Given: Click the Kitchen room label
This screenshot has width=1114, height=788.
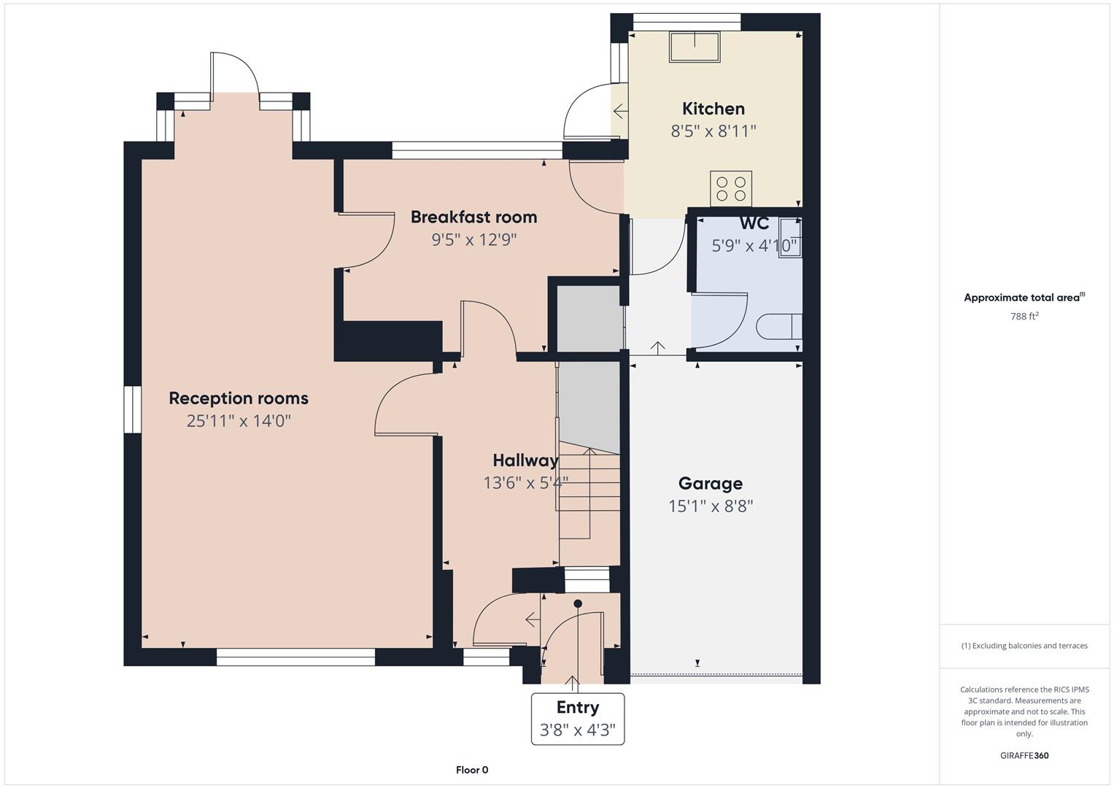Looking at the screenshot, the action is pos(713,109).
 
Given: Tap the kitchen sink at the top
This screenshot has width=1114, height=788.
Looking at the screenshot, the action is pos(695,47).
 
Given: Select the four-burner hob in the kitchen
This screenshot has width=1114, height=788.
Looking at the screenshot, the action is pos(730,188).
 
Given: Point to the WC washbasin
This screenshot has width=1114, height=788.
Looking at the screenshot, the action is pos(790,237).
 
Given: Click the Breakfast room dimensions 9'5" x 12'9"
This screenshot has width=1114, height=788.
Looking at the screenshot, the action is pos(474,240).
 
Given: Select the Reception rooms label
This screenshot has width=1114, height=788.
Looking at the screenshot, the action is pos(239,398).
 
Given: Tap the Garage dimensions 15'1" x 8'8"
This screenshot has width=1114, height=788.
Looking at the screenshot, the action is pos(711,506).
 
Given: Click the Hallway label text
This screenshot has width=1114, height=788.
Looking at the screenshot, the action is pos(526,460).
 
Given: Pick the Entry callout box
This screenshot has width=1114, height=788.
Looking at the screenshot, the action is pos(577,719).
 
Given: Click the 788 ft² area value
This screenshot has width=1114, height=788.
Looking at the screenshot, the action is pos(1024,317).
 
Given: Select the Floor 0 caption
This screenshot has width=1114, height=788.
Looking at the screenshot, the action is pos(472,770).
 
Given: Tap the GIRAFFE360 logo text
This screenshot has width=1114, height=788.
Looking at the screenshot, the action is pos(1024,755).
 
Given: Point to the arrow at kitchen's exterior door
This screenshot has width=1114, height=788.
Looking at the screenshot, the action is pos(620,110).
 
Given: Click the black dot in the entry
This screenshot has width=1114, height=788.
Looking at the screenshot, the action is pos(577,603).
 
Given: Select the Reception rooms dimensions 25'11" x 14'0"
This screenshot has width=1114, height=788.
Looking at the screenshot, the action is pos(239,421).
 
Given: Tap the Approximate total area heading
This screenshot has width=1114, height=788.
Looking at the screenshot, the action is pos(1024,297).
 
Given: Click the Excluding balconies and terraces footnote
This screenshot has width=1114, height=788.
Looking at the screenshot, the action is pos(1024,646).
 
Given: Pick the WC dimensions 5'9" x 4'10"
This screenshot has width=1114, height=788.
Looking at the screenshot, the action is pos(754,245).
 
